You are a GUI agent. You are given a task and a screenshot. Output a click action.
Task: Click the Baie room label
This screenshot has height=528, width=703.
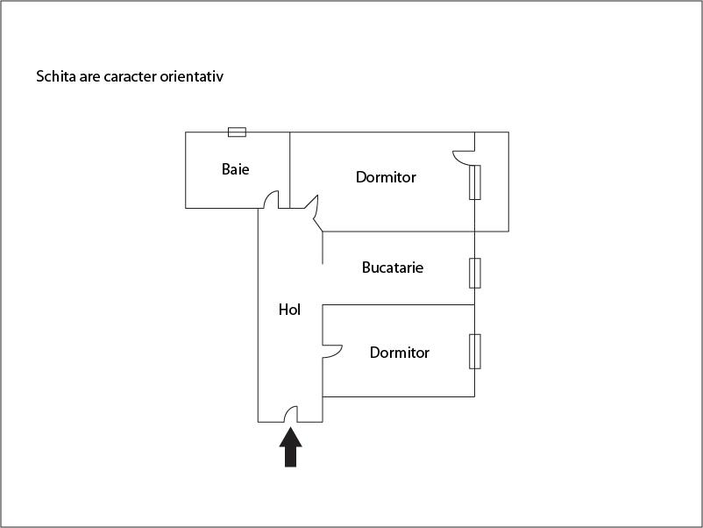[x=235, y=169]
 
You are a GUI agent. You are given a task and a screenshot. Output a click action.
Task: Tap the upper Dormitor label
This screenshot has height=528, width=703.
[x=386, y=177]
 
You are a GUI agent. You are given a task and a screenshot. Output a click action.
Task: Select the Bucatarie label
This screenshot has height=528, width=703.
[x=393, y=268]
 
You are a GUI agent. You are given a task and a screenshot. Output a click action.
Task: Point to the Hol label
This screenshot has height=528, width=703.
[x=289, y=310]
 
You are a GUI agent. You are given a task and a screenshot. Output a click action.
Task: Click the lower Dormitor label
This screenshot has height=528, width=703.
[x=400, y=353]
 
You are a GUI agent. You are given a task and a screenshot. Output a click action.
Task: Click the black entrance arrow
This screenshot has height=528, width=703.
[x=290, y=446]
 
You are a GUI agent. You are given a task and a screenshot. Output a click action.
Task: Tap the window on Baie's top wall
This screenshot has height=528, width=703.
[x=237, y=132]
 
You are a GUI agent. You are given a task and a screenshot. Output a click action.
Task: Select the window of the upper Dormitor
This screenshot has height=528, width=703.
[x=474, y=182]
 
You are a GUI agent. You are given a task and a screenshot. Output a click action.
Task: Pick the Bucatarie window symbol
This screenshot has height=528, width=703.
[x=474, y=273]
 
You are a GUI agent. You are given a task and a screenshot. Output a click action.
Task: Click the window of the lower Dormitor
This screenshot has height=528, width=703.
[x=474, y=351]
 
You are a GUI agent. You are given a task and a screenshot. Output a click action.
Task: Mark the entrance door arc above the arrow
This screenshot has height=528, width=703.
[x=292, y=413]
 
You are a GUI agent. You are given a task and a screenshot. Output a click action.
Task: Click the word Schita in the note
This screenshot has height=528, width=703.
[x=54, y=76]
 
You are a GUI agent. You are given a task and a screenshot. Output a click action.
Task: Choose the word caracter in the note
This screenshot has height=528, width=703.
[x=128, y=76]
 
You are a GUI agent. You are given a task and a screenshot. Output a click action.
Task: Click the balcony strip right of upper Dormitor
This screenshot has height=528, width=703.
[x=493, y=182]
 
